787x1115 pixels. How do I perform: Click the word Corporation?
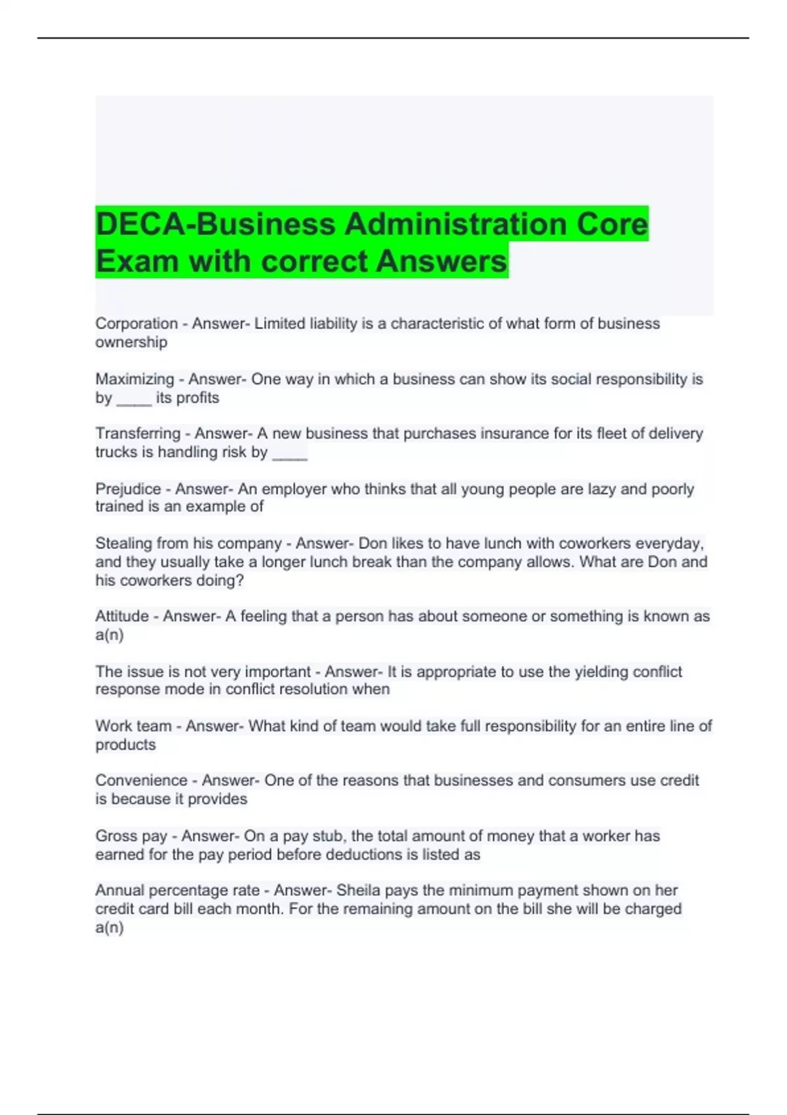pyautogui.click(x=136, y=323)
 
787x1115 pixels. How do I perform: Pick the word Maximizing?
pyautogui.click(x=134, y=379)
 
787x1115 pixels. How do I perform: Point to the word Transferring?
pyautogui.click(x=138, y=434)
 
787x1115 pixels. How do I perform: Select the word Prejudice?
pyautogui.click(x=128, y=489)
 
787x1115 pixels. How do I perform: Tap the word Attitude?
pyautogui.click(x=122, y=617)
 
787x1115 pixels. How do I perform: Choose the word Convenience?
pyautogui.click(x=141, y=780)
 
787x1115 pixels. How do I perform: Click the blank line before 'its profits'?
pyautogui.click(x=134, y=399)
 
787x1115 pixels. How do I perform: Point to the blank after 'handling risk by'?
pyautogui.click(x=289, y=454)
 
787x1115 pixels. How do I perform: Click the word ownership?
pyautogui.click(x=131, y=342)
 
